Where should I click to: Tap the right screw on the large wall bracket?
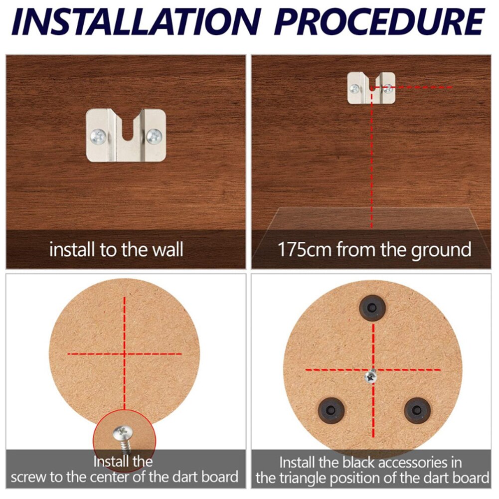[x=155, y=134]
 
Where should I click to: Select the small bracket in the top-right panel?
[x=371, y=88]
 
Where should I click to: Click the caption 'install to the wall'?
[x=116, y=249]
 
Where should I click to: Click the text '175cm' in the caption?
[x=304, y=249]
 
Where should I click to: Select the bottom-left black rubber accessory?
[x=331, y=409]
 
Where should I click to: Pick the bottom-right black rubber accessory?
[x=417, y=409]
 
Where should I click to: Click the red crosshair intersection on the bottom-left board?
[x=124, y=353]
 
